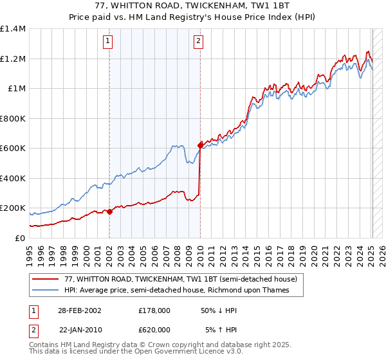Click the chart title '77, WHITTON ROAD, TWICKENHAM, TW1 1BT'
click(x=193, y=6)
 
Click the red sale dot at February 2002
click(x=109, y=211)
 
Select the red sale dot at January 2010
click(x=200, y=145)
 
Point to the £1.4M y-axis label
click(x=13, y=29)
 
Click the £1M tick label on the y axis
click(x=16, y=89)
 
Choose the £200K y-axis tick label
click(x=13, y=208)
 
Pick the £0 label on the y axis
click(x=20, y=238)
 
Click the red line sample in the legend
click(x=44, y=280)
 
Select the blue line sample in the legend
click(x=44, y=291)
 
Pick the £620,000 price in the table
click(x=154, y=330)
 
